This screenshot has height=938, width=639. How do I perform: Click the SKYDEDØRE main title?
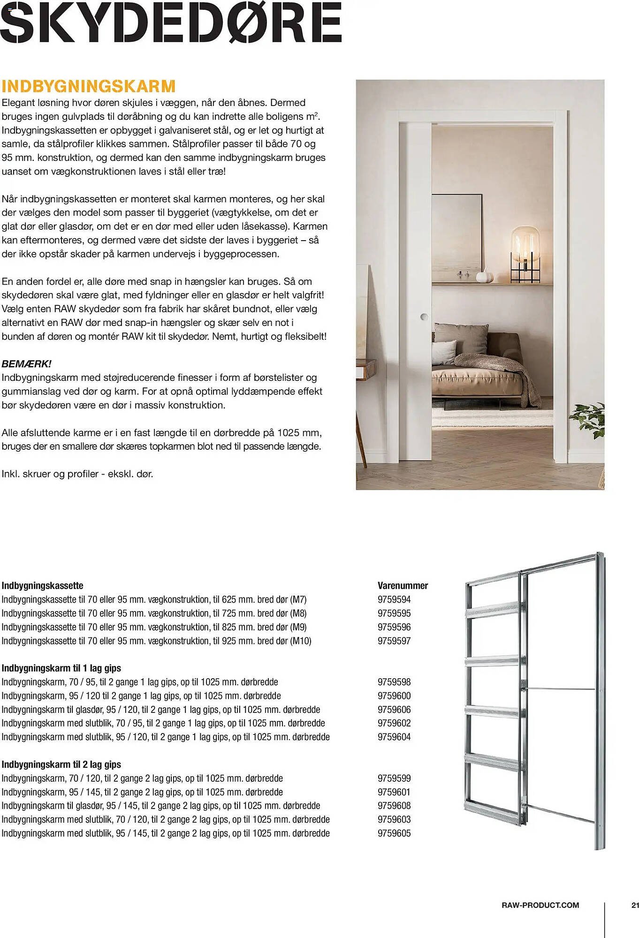coord(171,22)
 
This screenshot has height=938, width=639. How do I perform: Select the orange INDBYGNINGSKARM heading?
coord(89,86)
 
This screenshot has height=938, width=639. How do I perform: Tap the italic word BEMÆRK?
coord(27,363)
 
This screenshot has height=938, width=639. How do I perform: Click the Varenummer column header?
coord(403,585)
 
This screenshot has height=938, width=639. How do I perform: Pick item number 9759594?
coord(394,599)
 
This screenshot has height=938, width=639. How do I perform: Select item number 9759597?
coord(394,641)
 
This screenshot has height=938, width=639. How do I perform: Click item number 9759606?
coord(394,710)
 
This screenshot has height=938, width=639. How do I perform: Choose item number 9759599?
coord(394,778)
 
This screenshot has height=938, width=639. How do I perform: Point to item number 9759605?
coord(394,833)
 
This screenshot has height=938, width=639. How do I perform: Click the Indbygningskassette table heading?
coord(42,585)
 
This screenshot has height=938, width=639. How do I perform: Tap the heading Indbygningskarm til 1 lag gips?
coord(61,668)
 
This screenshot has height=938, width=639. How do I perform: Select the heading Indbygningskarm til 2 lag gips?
coord(61,764)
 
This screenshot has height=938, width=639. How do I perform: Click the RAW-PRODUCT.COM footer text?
coord(540,905)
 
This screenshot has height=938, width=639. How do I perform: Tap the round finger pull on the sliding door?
coord(424,317)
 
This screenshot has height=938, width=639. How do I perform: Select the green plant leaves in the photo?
coord(588,418)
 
